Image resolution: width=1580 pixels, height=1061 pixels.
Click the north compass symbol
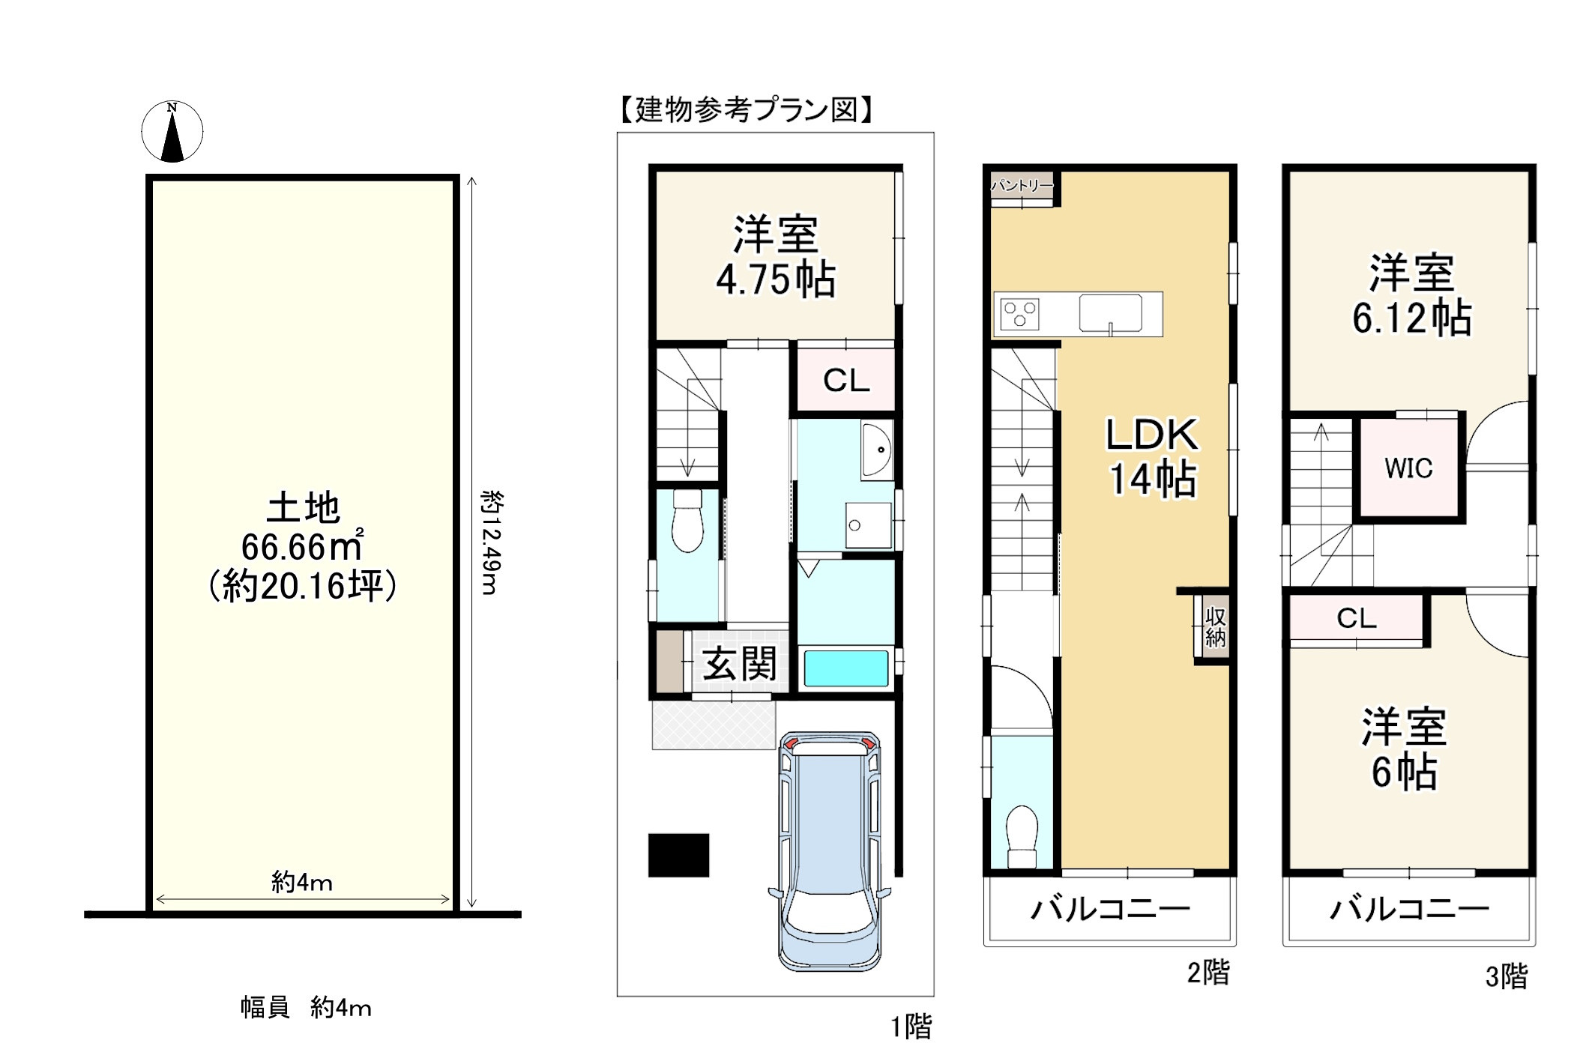[x=172, y=131]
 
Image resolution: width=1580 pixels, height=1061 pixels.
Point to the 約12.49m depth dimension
[x=491, y=542]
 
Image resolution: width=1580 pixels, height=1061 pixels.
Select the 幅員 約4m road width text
[x=306, y=1008]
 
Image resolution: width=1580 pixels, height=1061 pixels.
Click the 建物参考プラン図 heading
[x=747, y=110]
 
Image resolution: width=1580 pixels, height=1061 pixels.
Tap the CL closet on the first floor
[x=846, y=380]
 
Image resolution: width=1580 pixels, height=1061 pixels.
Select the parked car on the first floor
[x=830, y=851]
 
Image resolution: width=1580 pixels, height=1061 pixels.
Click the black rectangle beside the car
[x=678, y=855]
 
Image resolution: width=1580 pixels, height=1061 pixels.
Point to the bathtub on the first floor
[x=845, y=668]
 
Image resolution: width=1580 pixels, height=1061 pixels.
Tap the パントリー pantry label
[x=1022, y=185]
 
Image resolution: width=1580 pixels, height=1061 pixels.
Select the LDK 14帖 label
[x=1153, y=456]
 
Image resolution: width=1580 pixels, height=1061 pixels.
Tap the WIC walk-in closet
[x=1409, y=468]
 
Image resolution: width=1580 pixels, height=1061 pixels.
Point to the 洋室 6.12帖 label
[x=1412, y=294]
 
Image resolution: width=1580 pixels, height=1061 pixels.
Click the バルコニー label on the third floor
[x=1409, y=910]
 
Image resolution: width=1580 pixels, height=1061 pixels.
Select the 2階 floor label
[x=1208, y=973]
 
